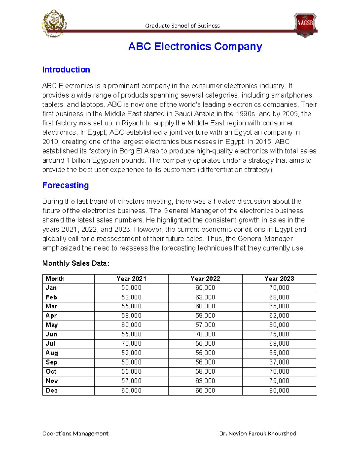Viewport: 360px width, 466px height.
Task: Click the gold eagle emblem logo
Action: point(54,23)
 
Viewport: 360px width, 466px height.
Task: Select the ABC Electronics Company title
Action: point(195,47)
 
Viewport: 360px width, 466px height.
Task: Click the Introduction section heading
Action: point(66,70)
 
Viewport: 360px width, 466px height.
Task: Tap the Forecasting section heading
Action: point(65,185)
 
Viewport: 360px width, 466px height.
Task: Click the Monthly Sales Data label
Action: point(76,263)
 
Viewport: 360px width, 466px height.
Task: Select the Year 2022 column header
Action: point(205,278)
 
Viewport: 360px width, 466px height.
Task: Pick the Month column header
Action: point(55,278)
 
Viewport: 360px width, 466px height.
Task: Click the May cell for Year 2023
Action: point(279,325)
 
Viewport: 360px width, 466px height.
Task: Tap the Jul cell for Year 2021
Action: point(131,344)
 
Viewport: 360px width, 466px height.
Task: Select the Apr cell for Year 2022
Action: point(205,316)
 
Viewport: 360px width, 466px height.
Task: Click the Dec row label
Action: point(52,390)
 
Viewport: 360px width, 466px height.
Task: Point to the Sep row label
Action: point(52,362)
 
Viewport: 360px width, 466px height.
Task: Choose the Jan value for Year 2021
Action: point(131,288)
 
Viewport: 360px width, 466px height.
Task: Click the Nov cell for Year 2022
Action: point(205,381)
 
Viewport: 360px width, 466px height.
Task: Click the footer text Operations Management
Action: point(75,433)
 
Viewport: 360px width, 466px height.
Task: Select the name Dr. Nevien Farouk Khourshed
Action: point(258,433)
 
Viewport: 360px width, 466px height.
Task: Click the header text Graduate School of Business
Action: point(182,26)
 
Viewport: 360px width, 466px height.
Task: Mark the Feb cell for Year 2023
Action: point(279,297)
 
